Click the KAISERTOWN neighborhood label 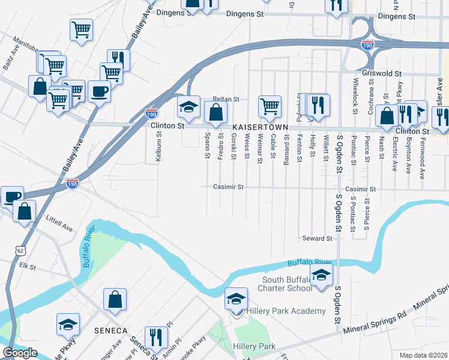258,128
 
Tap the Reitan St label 226,99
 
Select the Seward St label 317,239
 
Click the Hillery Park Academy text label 286,311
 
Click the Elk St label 28,265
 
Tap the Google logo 20,353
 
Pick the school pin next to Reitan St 188,107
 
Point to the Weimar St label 260,148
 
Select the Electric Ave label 394,155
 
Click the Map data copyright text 423,355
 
